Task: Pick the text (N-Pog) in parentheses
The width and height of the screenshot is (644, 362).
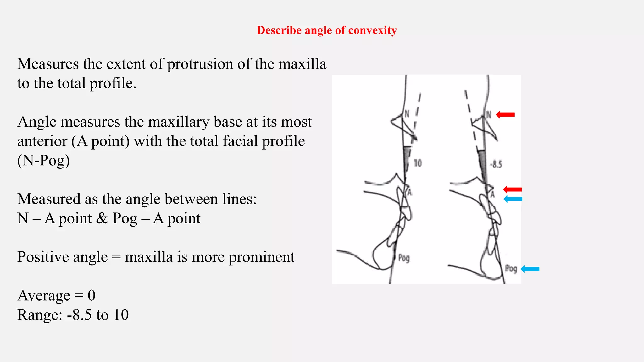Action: [43, 161]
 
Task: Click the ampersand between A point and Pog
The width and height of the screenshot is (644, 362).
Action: [102, 218]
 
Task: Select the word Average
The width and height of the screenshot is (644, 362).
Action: [44, 296]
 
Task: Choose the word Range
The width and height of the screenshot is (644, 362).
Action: [40, 315]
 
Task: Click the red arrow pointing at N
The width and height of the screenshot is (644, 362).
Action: [505, 115]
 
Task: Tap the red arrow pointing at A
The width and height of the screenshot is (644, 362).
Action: [512, 189]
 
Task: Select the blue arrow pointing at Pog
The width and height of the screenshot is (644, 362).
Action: [530, 269]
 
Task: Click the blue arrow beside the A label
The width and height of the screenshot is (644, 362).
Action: [513, 199]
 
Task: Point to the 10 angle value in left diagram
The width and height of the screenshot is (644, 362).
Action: [417, 163]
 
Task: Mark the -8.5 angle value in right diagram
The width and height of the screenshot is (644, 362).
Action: [496, 164]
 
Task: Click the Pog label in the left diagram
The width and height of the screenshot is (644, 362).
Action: [404, 258]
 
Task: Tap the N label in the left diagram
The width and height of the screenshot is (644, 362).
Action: [407, 114]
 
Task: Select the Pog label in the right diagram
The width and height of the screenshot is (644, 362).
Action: [511, 269]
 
